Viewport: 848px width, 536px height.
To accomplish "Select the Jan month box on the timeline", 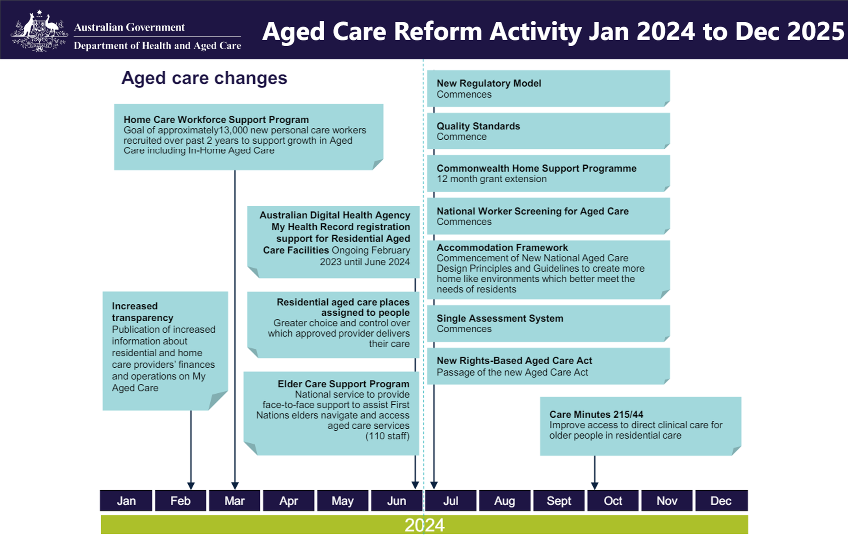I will point(126,501).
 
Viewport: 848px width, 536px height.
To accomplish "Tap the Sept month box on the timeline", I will point(559,501).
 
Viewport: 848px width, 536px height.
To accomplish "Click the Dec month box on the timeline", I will point(721,501).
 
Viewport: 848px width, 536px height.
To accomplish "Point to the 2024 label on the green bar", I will point(424,525).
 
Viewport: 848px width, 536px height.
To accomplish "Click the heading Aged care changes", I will point(204,78).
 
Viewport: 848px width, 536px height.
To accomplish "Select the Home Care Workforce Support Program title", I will point(216,119).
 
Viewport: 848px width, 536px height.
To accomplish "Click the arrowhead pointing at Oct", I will point(594,486).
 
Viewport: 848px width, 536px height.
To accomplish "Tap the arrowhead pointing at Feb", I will point(191,486).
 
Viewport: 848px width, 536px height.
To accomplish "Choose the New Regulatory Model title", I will point(489,83).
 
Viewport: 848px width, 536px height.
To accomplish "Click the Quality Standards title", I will point(478,126).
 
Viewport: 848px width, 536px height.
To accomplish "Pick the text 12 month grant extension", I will point(491,179).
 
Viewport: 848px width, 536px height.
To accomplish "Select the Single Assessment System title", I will point(500,318).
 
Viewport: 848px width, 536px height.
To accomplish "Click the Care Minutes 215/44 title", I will point(596,414).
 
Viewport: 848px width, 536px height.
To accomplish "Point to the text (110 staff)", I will point(387,436).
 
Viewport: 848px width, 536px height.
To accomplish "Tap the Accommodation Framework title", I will point(502,247).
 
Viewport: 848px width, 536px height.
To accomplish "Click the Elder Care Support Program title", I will point(343,384).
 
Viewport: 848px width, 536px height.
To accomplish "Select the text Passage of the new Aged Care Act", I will point(512,372).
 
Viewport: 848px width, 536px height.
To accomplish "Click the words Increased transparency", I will point(142,312).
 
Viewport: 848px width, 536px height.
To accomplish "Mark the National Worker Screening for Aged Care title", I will point(533,211).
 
